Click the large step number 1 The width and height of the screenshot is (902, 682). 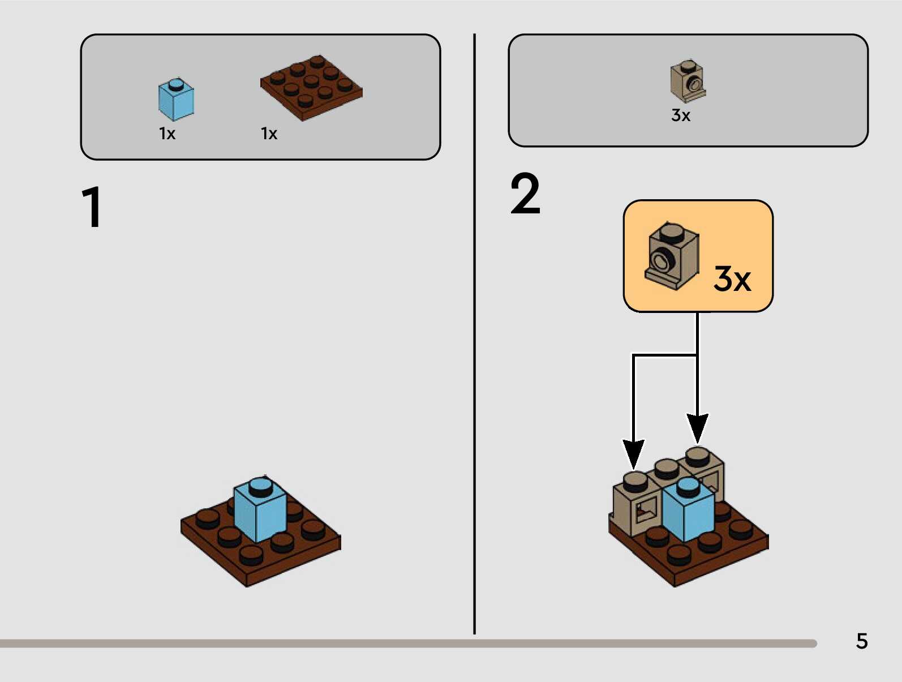tap(92, 207)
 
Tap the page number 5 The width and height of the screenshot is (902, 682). tap(861, 641)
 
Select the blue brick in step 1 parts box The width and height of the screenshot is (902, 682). tap(176, 100)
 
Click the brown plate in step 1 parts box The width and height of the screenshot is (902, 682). tap(311, 88)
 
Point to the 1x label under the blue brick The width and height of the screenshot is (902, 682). tap(167, 134)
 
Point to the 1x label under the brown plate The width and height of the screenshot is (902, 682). tap(269, 134)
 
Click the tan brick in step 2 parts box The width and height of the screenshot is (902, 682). tap(688, 82)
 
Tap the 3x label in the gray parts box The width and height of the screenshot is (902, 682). tap(680, 115)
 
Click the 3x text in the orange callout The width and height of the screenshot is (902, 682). tap(732, 278)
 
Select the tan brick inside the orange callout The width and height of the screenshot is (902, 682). tap(672, 256)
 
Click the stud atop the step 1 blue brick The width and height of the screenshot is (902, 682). tap(260, 485)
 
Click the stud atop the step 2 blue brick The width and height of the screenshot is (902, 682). tap(688, 486)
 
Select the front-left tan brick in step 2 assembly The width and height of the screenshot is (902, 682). tap(637, 504)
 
